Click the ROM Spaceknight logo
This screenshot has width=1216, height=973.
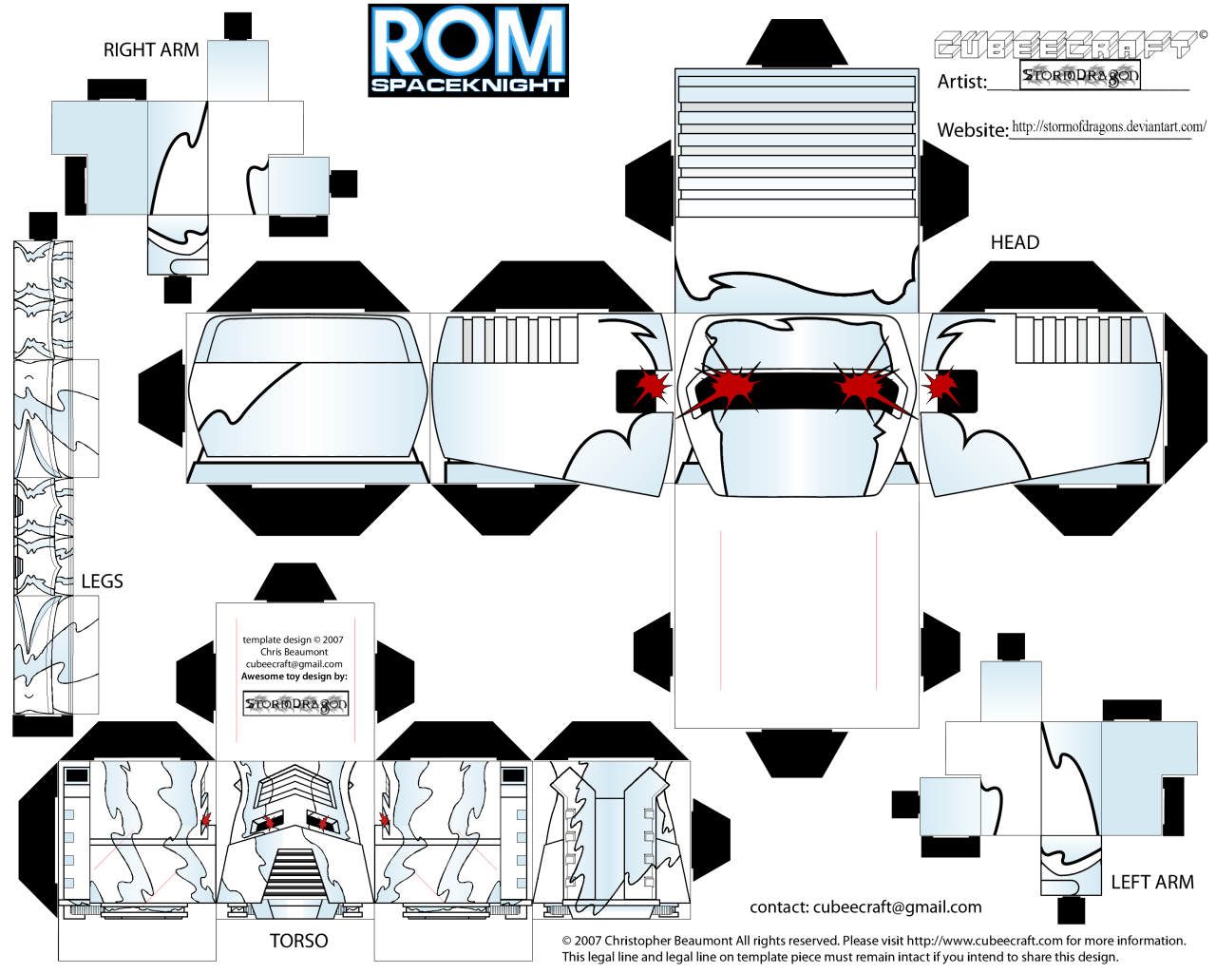tap(468, 50)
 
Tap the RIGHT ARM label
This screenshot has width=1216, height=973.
tap(151, 49)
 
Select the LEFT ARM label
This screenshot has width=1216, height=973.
tap(1151, 882)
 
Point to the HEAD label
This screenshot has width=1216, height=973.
tap(1015, 242)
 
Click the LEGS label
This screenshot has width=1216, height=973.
tap(102, 582)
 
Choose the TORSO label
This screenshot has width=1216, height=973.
tap(298, 941)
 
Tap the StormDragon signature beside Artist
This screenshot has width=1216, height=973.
tap(1080, 76)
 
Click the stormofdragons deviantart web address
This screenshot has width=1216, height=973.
tap(1109, 126)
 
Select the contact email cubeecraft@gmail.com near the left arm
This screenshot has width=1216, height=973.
tap(865, 907)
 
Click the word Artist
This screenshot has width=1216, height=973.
tap(961, 82)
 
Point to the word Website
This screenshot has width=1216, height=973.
tap(972, 130)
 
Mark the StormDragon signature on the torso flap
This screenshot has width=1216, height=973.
tap(295, 704)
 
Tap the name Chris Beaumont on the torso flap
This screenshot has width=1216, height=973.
tap(294, 652)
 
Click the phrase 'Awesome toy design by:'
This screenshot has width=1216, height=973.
tap(294, 677)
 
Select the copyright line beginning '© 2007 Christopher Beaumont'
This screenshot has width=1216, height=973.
tap(873, 941)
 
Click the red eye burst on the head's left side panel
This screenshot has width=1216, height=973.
tap(652, 387)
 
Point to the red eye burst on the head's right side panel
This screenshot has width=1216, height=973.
tap(940, 386)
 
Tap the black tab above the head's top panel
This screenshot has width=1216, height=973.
tap(796, 43)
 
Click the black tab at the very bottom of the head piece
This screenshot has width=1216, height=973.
tap(796, 753)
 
